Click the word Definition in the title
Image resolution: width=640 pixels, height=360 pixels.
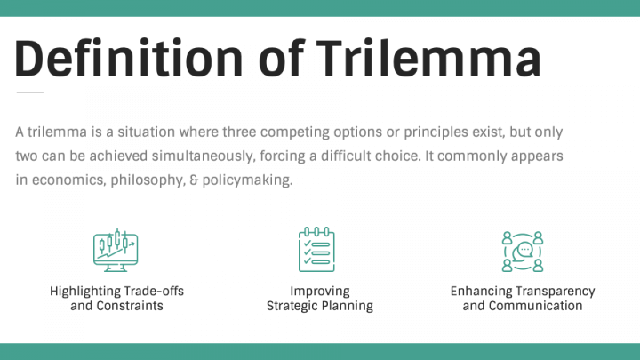[x=129, y=58]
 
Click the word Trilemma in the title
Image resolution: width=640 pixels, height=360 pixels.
[x=429, y=58]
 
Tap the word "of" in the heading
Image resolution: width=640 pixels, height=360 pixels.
[x=282, y=58]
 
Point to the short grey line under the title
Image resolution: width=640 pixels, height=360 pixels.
[x=30, y=92]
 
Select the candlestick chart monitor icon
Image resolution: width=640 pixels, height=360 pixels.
[x=116, y=250]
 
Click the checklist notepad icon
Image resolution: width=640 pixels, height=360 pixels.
[x=316, y=250]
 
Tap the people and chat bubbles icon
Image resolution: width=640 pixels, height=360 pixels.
[x=523, y=252]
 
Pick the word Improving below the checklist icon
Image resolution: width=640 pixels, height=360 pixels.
[x=320, y=292]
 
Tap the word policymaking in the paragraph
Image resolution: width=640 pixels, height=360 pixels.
[x=247, y=180]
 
